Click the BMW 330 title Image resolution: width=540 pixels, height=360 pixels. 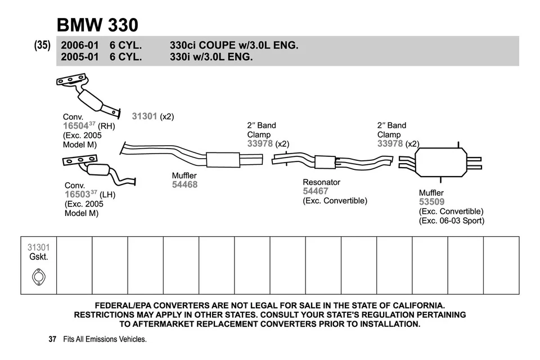pyautogui.click(x=97, y=25)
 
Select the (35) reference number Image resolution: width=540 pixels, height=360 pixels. pyautogui.click(x=43, y=45)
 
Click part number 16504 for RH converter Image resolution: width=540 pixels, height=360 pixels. pyautogui.click(x=76, y=127)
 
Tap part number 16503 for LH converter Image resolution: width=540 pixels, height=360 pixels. pyautogui.click(x=77, y=195)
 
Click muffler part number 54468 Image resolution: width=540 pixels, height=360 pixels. pyautogui.click(x=184, y=184)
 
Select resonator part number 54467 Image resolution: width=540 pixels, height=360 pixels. pyautogui.click(x=316, y=191)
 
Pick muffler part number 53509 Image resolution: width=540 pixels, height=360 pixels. pyautogui.click(x=431, y=202)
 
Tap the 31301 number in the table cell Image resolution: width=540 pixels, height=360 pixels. pyautogui.click(x=38, y=247)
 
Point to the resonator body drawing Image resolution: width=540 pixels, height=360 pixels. pyautogui.click(x=325, y=162)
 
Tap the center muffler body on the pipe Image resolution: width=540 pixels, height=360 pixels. pyautogui.click(x=223, y=160)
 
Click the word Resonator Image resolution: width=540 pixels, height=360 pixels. pyautogui.click(x=321, y=182)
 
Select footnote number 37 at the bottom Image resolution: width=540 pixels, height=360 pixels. pyautogui.click(x=52, y=339)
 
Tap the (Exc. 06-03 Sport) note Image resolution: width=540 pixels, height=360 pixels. pyautogui.click(x=451, y=220)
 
